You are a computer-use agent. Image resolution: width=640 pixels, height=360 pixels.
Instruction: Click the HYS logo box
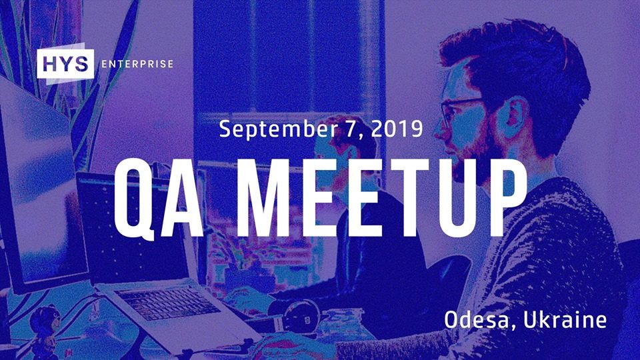[65, 64]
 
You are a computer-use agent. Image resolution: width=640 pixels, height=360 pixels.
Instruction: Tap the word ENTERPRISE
[137, 64]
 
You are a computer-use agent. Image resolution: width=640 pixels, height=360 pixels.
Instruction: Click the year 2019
[397, 129]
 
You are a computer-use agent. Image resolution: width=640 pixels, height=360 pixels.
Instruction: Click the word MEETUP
[382, 197]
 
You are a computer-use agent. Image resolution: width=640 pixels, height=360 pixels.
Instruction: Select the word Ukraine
[565, 319]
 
